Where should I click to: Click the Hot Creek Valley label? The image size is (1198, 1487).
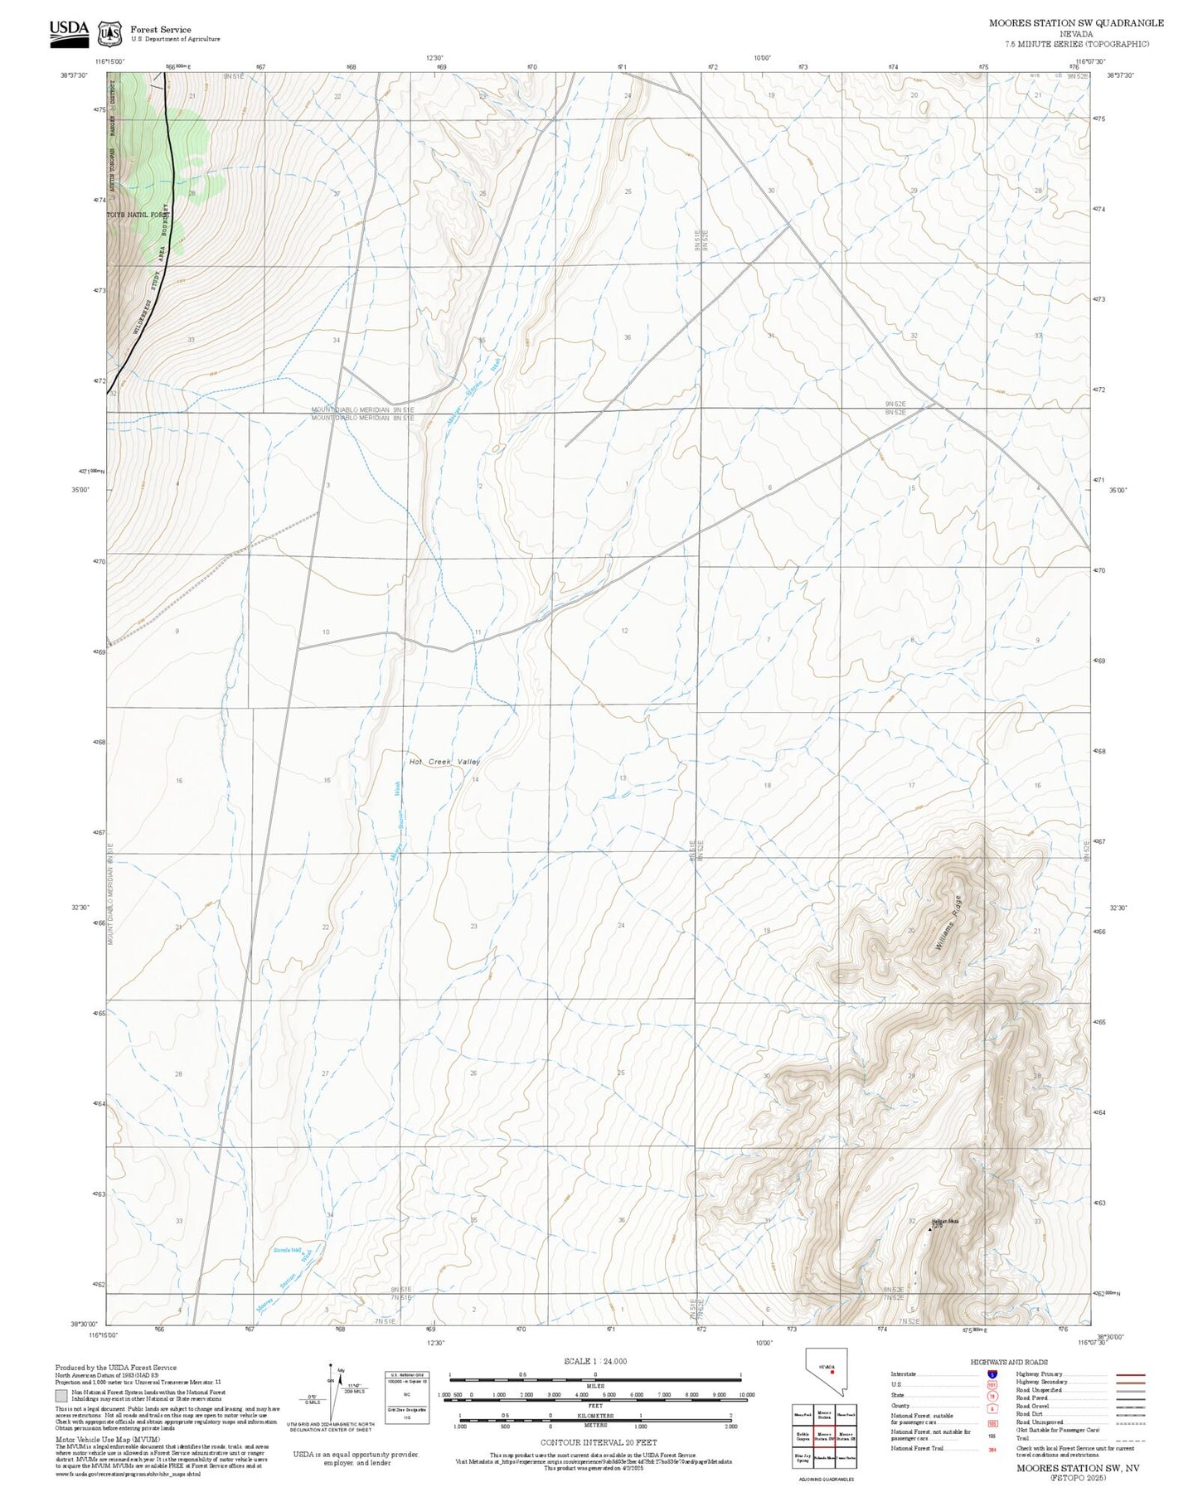click(444, 761)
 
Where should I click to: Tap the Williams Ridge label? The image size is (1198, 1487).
click(948, 923)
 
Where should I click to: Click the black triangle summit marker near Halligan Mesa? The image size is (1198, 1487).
click(929, 1230)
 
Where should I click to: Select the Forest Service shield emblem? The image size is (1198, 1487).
click(109, 34)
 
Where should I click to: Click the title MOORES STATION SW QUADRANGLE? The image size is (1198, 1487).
click(1075, 23)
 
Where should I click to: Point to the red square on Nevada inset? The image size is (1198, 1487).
click(831, 1371)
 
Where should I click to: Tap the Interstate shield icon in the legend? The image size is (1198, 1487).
click(992, 1374)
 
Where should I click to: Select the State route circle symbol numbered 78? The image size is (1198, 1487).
click(992, 1396)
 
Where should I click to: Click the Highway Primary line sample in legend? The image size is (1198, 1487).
click(1130, 1374)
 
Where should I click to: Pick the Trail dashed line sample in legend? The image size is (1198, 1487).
click(1130, 1439)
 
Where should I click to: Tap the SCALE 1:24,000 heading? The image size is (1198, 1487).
click(594, 1362)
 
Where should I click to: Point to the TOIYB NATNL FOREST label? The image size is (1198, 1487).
click(138, 215)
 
